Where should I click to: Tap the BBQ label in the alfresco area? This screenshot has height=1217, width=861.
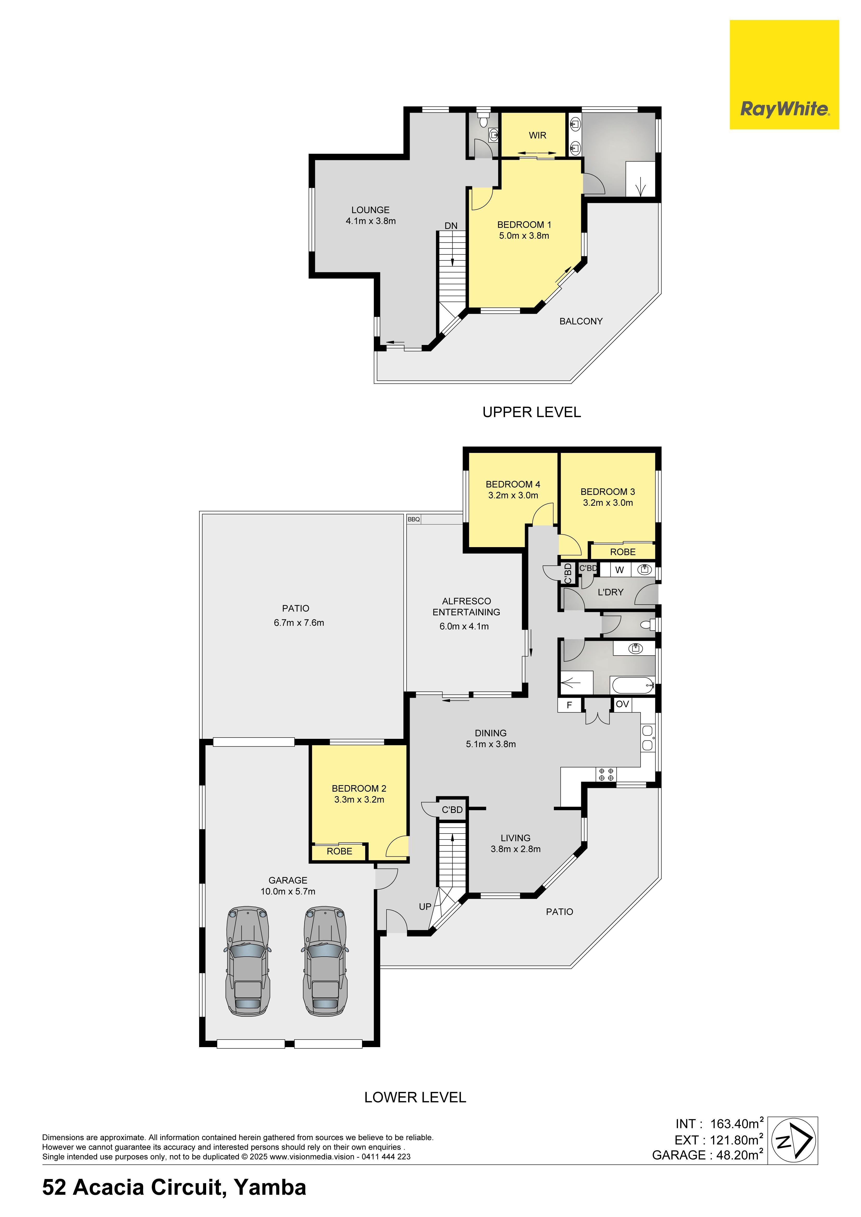point(414,520)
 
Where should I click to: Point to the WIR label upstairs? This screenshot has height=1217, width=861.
point(537,135)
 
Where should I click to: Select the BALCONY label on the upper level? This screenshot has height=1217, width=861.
point(581,321)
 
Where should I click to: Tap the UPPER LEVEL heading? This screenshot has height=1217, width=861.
point(532,412)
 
